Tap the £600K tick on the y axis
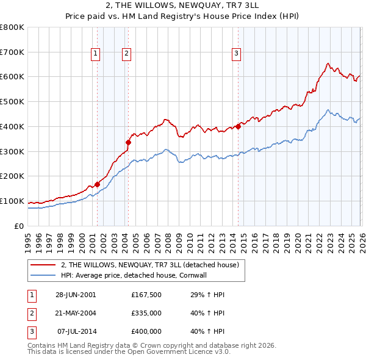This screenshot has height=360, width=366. [12, 77]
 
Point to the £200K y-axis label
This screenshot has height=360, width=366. [12, 176]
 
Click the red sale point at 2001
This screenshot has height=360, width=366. [98, 184]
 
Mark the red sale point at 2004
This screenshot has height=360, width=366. [128, 142]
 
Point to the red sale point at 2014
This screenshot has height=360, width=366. [238, 126]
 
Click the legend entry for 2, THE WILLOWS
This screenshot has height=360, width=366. [152, 265]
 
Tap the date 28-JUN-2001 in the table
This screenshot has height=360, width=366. [76, 295]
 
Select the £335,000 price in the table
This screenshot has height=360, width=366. [146, 313]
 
